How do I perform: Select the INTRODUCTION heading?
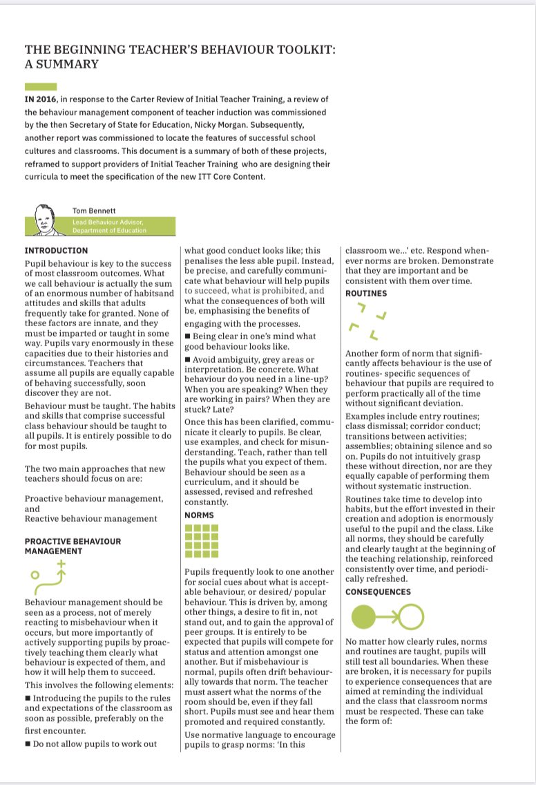56,251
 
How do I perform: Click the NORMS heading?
199,516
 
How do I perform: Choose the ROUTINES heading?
366,294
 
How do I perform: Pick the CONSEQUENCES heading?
377,592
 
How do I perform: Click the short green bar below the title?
41,86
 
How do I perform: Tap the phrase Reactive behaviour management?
90,518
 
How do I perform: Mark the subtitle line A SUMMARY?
61,64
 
